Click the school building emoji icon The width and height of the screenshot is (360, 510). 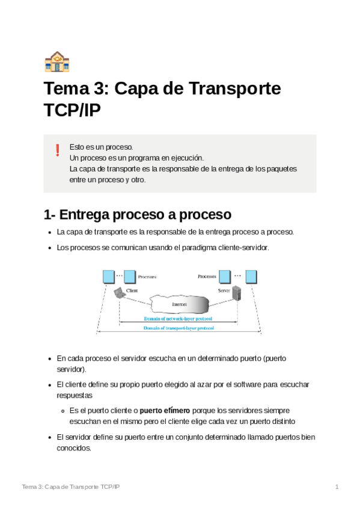57,61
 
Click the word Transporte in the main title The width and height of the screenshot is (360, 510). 235,89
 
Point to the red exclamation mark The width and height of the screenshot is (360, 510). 58,150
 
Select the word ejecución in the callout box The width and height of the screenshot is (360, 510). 186,158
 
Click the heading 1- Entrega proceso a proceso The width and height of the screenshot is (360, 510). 137,215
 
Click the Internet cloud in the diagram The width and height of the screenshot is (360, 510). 179,304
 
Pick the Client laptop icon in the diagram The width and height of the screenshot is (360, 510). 120,293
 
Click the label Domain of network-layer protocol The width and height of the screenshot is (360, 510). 178,318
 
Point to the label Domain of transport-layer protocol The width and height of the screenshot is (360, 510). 178,328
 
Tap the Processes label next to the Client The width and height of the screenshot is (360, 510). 147,277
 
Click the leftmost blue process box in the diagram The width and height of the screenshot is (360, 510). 108,277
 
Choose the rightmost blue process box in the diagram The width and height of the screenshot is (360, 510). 251,277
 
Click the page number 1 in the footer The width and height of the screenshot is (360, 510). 337,486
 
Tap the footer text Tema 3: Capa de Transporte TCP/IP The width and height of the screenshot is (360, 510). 71,486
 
